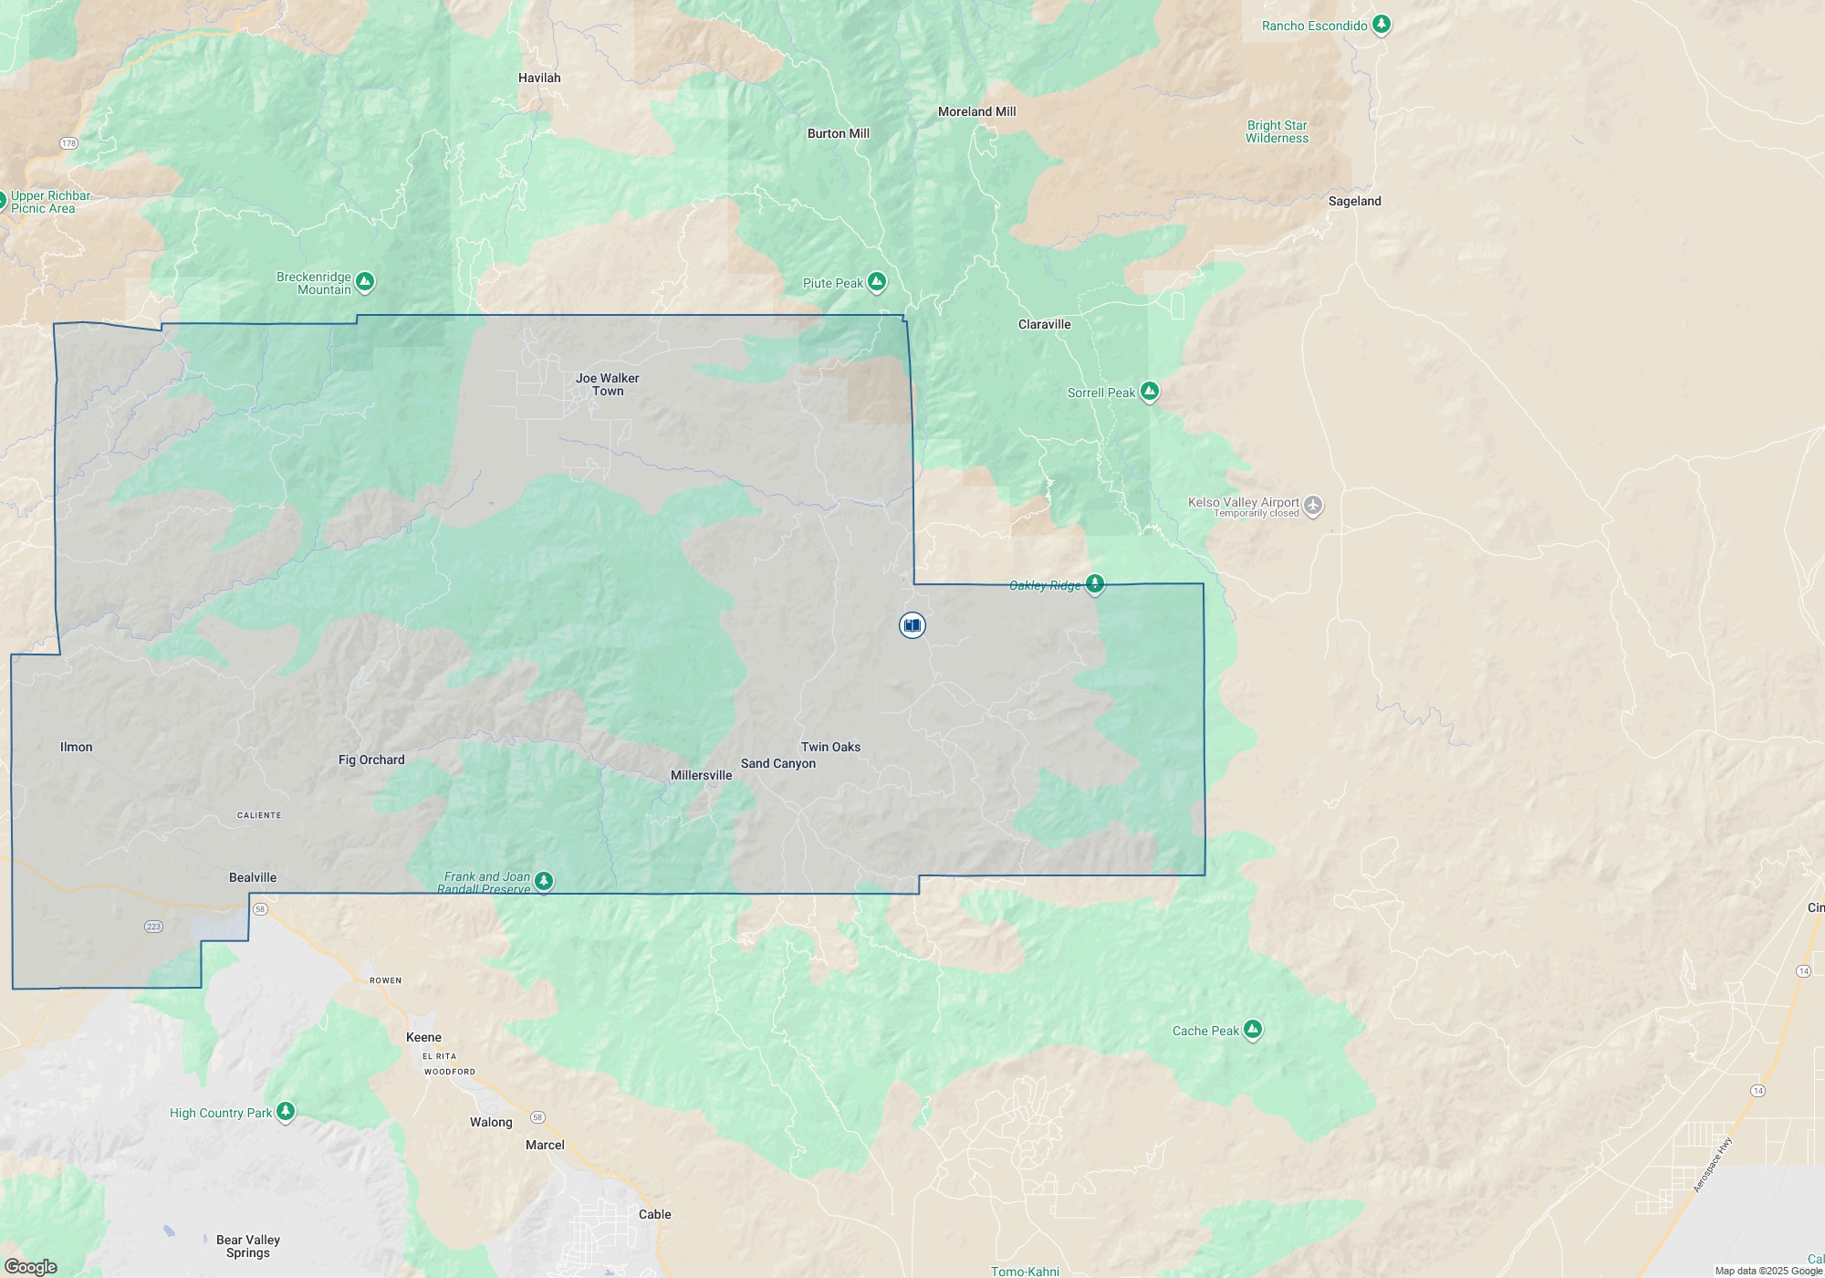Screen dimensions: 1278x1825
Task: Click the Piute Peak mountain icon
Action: pos(877,282)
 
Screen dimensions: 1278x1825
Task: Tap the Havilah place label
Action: pos(539,79)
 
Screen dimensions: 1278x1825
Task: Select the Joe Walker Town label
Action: pos(608,384)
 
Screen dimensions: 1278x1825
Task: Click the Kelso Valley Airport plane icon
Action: pos(1313,505)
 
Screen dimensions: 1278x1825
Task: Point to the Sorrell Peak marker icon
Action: pos(1150,393)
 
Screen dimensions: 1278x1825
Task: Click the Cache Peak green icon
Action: pos(1253,1031)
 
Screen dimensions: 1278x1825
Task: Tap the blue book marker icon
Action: pos(912,625)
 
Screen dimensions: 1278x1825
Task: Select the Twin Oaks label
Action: pos(830,747)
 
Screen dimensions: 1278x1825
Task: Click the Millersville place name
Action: pos(701,775)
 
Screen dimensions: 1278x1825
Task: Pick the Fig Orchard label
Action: pos(371,759)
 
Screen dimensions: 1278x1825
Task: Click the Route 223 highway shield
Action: pos(153,927)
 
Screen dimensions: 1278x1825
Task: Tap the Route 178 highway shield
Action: pos(69,144)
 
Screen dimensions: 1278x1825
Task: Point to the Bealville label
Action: pos(253,877)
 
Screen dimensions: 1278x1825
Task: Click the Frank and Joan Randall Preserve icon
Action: pos(544,881)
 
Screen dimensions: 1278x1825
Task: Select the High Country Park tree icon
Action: pos(286,1111)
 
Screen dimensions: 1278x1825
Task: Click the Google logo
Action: pos(30,1267)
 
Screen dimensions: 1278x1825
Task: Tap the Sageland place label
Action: pos(1354,201)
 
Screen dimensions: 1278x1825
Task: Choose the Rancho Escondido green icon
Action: pos(1382,25)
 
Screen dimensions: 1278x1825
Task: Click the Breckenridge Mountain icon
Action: pos(365,282)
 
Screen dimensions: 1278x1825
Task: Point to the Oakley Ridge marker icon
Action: pos(1095,584)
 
